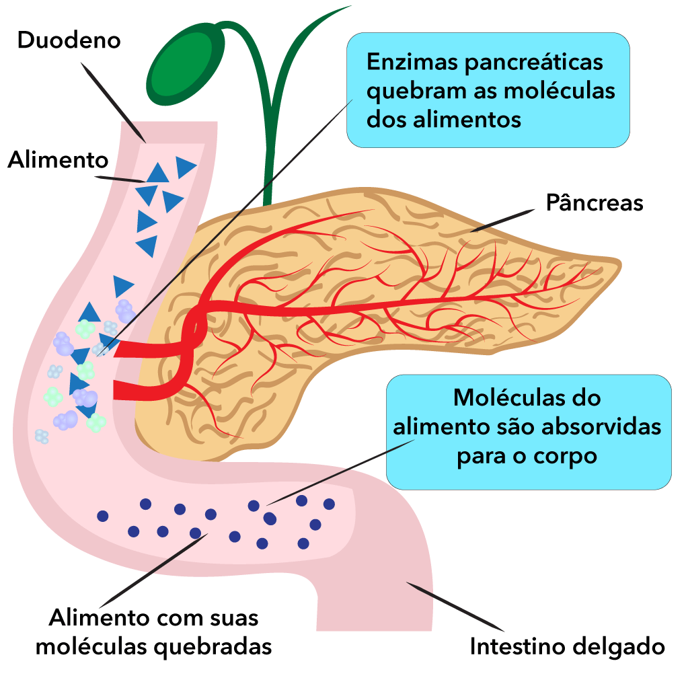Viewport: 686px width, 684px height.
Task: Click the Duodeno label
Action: coord(69,40)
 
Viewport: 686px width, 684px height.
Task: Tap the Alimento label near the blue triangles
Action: coord(58,160)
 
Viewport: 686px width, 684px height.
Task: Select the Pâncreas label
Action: coord(594,202)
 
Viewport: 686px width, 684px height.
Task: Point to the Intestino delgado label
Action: coord(567,646)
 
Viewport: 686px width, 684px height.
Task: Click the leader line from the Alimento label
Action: coord(121,179)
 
